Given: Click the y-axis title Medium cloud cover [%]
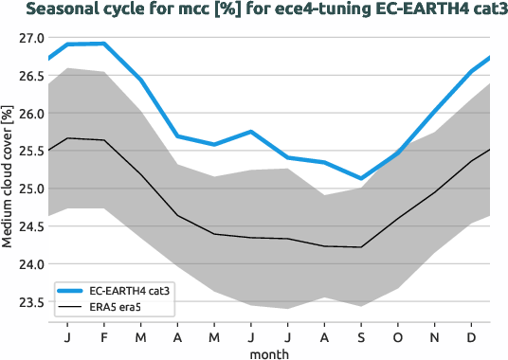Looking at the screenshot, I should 9,178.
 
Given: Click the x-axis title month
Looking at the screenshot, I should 269,352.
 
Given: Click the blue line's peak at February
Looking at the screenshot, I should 104,44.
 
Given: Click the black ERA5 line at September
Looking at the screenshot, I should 360,247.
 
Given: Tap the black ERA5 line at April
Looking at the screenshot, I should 177,216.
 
